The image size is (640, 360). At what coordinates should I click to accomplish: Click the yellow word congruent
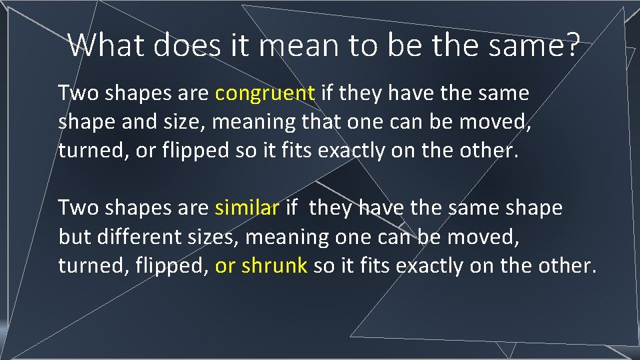pos(265,94)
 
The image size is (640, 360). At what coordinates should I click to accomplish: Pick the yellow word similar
pos(247,208)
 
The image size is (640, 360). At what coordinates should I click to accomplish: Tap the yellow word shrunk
pos(274,265)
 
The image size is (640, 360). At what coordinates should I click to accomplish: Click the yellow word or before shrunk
pos(225,265)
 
